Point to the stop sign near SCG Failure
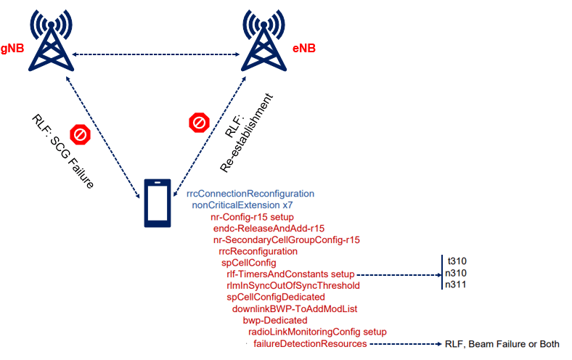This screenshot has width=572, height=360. [79, 134]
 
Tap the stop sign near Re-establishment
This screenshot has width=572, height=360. [198, 123]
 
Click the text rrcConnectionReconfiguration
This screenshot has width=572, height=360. [250, 194]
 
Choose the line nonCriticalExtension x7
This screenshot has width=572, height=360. [242, 205]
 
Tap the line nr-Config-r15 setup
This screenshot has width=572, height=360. [251, 217]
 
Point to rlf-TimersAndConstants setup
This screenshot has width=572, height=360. [290, 274]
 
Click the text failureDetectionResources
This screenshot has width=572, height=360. [310, 344]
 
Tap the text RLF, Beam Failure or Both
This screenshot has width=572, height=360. [502, 344]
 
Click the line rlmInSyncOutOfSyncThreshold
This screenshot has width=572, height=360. [293, 286]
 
